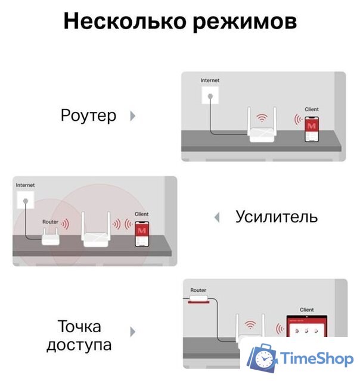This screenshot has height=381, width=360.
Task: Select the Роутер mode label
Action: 89,115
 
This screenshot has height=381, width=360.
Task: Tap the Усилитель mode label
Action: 276,216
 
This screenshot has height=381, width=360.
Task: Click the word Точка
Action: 79,326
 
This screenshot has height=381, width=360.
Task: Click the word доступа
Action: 79,345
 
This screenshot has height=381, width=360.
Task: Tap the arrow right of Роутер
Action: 133,116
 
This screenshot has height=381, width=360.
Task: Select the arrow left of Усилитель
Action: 217,217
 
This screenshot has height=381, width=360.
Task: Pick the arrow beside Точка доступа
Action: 133,332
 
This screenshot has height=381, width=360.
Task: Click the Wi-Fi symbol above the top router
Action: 260,117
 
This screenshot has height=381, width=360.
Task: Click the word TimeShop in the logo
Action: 315,358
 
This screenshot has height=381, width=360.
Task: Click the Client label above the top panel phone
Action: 312,110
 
